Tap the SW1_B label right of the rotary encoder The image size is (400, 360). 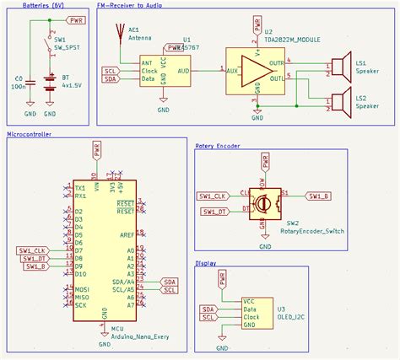pos(319,196)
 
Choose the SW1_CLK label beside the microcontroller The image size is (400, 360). pos(30,250)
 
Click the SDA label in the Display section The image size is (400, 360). pos(208,309)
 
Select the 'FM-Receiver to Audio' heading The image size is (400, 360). pos(130,5)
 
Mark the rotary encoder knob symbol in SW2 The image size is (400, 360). pos(264,203)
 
